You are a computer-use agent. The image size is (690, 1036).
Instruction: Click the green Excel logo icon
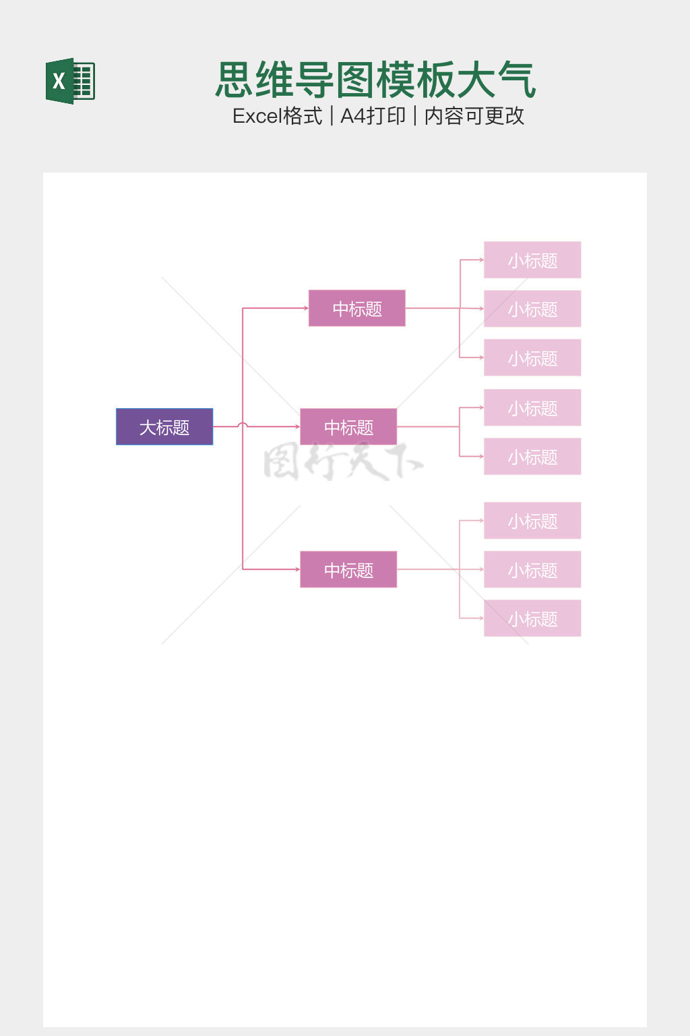pos(70,81)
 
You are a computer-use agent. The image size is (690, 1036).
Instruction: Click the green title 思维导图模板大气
pos(375,80)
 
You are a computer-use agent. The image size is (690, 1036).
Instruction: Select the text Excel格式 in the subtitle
pos(277,116)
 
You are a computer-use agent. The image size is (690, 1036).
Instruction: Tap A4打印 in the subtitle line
pos(373,116)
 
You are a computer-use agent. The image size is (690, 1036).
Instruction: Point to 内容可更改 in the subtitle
pos(474,116)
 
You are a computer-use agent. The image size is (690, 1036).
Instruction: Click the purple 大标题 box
pos(164,427)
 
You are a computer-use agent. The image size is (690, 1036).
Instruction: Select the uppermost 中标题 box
pos(356,308)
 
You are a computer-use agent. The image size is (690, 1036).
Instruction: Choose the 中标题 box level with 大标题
pos(348,427)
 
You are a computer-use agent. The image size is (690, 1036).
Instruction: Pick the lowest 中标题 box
pos(348,570)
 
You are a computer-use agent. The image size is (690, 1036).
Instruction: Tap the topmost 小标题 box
pos(532,260)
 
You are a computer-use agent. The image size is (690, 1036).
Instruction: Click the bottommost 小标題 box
pos(532,618)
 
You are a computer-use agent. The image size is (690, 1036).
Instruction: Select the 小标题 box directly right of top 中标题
pos(532,309)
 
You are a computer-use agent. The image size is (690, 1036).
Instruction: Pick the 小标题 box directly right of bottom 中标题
pos(532,570)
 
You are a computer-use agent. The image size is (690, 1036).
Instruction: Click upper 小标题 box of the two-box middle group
pos(532,408)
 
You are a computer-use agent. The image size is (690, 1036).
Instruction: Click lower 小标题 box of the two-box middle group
pos(532,457)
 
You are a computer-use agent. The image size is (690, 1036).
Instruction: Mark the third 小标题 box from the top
pos(532,358)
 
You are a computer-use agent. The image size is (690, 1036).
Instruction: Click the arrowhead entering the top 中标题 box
pos(306,308)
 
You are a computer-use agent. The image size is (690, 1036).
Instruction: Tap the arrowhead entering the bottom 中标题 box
pos(297,569)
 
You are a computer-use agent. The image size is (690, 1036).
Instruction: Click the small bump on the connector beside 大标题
pos(243,425)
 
